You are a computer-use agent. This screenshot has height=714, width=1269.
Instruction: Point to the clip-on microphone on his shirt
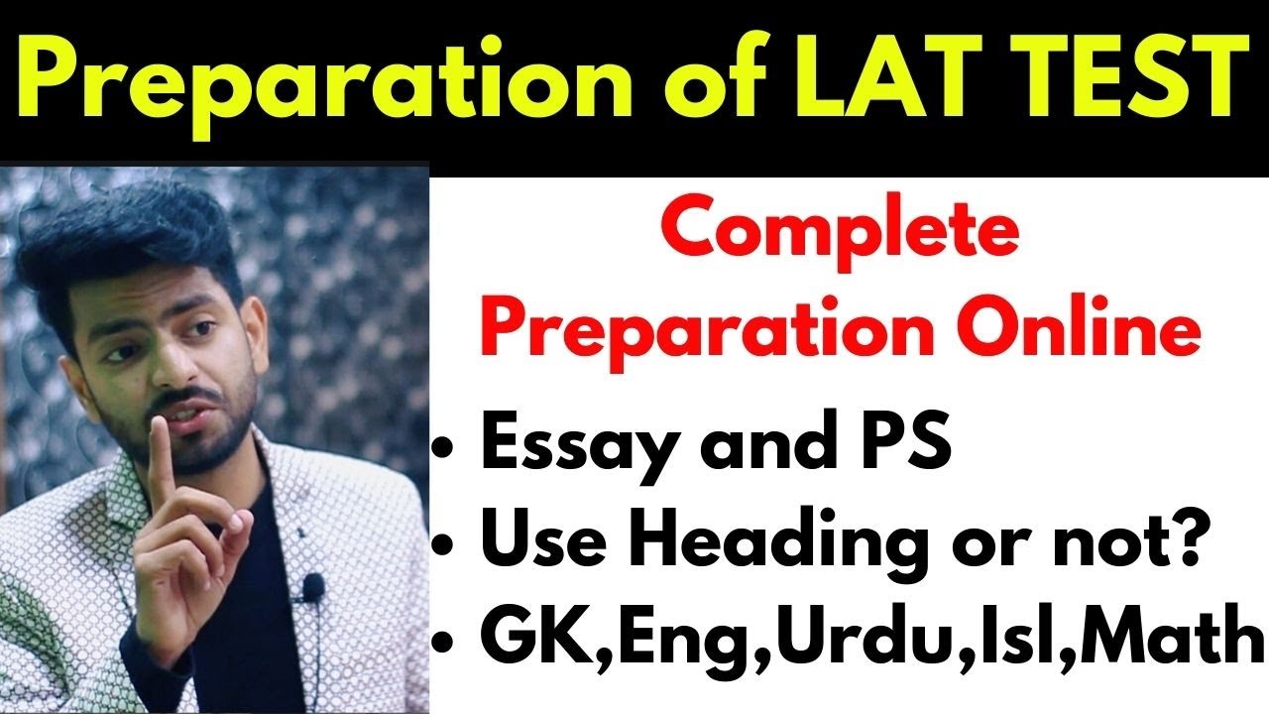(313, 588)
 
